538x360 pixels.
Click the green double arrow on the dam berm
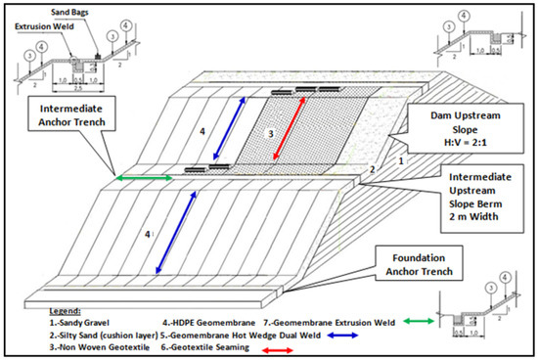click(144, 178)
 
